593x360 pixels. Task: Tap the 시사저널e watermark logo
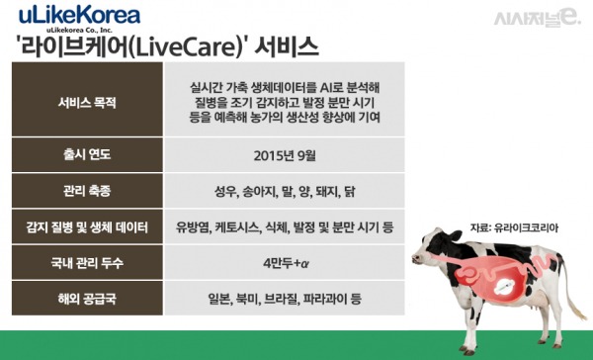click(x=542, y=18)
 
